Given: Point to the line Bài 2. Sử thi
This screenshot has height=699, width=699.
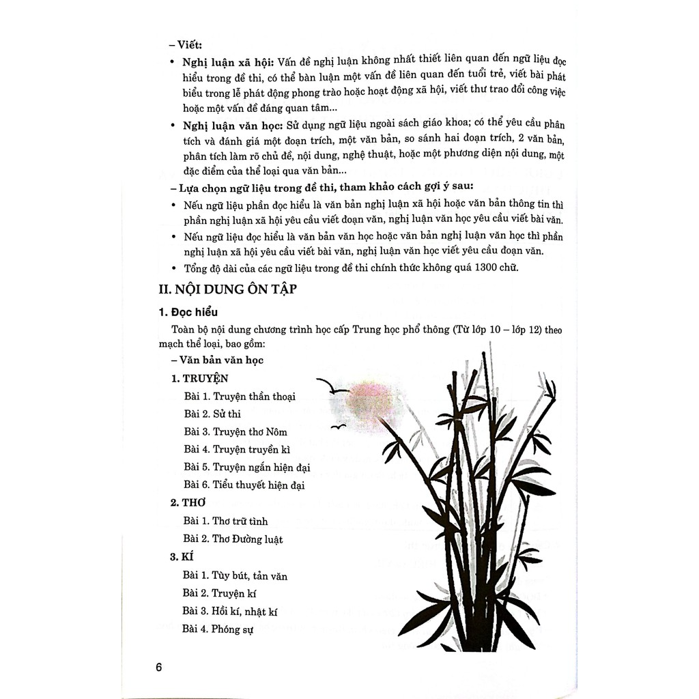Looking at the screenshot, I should point(212,414).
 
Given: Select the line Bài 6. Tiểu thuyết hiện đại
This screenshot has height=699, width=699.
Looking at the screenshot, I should point(244,485).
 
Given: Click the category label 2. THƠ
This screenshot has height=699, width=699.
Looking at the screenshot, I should point(185,502).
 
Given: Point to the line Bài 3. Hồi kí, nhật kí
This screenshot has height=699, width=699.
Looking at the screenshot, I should point(230,612).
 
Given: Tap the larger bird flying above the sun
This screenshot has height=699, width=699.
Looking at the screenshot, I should point(330,387).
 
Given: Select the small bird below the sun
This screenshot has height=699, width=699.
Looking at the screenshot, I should point(337,427).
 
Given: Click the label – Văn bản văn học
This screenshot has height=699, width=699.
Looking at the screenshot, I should point(218,360).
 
